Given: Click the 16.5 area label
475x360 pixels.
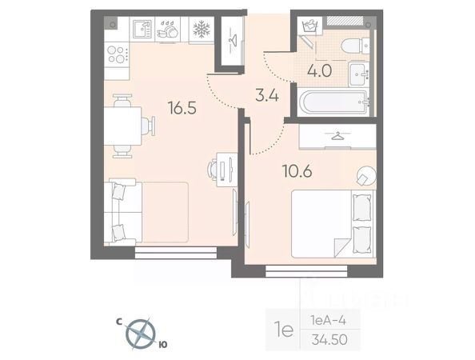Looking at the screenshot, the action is (182, 108).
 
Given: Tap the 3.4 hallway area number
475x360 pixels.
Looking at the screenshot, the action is (267, 96).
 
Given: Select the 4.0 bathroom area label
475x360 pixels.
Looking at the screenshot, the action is (320, 71).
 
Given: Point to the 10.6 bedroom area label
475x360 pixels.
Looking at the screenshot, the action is (297, 171).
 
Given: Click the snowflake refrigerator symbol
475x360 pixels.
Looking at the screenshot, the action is (202, 30).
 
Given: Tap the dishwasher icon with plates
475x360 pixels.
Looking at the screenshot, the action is (167, 30).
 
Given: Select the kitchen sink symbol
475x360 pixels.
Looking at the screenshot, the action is (142, 30).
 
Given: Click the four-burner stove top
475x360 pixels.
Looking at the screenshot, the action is (117, 54).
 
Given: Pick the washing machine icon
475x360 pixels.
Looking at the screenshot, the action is (309, 26).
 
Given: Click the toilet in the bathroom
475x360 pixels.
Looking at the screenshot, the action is (355, 46).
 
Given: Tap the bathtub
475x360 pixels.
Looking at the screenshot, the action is (333, 102).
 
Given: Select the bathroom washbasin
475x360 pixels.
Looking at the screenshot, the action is (359, 74).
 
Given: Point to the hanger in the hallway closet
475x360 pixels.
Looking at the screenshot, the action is (233, 40).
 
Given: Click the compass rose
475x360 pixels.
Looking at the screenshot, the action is (140, 334).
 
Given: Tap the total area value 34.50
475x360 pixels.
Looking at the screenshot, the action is (329, 340).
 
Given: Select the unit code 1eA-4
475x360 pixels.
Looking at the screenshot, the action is (328, 320).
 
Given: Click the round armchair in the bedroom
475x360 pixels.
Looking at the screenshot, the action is (366, 175).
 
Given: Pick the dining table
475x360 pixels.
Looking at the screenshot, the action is (122, 126).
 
